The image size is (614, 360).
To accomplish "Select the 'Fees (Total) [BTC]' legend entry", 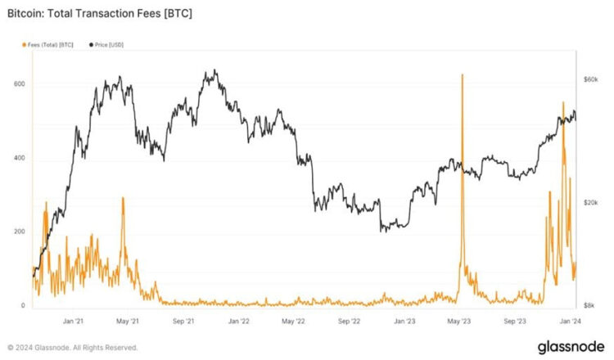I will (x=50, y=43).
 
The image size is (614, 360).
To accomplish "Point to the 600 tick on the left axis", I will (x=19, y=84).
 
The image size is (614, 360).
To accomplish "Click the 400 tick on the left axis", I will (x=19, y=158).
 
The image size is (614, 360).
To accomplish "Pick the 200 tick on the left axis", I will (x=19, y=232).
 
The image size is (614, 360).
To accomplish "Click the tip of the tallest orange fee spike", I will (x=463, y=74).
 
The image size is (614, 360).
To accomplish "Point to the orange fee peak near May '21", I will (x=123, y=198).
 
